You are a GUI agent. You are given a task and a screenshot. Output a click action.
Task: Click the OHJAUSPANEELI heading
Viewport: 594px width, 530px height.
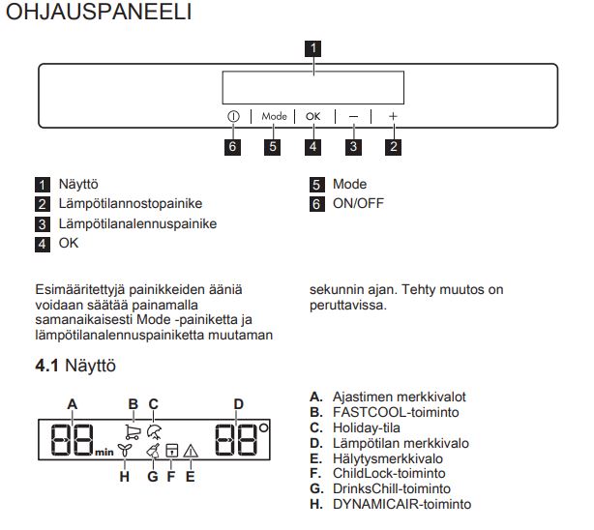point(99,15)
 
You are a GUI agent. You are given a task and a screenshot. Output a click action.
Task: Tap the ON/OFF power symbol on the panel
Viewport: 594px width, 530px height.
point(233,116)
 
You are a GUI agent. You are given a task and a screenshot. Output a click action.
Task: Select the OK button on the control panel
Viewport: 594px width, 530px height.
point(312,116)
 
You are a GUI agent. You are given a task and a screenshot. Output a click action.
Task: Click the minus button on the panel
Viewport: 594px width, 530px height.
point(354,116)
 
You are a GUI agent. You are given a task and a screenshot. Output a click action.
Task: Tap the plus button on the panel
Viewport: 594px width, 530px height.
point(394,116)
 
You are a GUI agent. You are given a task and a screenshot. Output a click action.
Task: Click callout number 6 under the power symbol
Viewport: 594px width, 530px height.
point(233,147)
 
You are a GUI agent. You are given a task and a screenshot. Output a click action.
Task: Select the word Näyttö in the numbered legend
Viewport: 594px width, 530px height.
point(77,184)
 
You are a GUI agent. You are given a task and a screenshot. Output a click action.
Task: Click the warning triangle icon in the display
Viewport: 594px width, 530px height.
point(190,450)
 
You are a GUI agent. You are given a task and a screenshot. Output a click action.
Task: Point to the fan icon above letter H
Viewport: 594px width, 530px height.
point(123,450)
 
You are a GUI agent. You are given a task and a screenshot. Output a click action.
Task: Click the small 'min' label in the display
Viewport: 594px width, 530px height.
point(104,452)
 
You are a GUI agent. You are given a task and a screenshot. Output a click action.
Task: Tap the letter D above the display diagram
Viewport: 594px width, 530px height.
point(238,403)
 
